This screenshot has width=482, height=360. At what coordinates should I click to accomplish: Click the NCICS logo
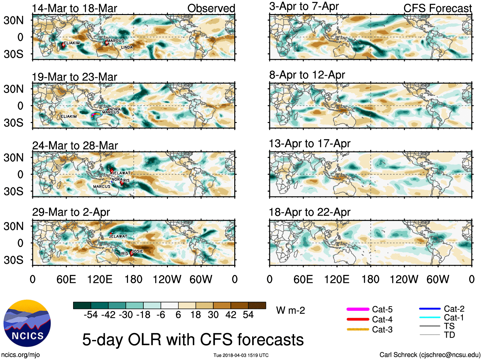[27, 323]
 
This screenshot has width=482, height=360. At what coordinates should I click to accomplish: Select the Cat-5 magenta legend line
[358, 309]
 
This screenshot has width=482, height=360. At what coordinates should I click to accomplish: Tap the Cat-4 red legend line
[358, 319]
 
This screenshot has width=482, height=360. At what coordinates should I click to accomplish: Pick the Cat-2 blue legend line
[430, 309]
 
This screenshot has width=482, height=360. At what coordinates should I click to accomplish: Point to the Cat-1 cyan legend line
[430, 318]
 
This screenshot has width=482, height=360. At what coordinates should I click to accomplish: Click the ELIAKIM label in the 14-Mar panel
[72, 43]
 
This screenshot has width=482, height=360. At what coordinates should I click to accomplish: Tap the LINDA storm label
[127, 47]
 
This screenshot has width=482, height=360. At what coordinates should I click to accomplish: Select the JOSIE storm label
[138, 251]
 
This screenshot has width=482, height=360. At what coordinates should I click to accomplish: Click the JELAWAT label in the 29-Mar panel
[118, 236]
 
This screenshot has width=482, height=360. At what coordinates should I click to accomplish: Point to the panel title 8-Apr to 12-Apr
[307, 75]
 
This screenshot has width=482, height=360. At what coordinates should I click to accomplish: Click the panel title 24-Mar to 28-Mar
[75, 146]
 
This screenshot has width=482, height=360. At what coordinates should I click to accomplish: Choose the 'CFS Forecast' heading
[437, 8]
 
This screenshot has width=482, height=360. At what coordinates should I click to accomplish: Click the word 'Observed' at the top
[211, 8]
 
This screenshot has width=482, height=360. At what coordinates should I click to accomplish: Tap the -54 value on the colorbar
[91, 315]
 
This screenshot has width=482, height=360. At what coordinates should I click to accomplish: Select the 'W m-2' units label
[290, 310]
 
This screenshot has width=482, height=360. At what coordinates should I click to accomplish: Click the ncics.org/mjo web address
[20, 355]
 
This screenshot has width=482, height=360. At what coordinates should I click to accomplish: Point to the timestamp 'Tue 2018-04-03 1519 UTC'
[241, 355]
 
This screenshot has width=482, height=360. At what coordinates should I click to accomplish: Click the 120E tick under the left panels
[100, 280]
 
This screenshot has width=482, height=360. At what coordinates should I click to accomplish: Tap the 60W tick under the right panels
[438, 280]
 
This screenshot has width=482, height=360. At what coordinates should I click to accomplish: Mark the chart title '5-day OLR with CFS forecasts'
[193, 340]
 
